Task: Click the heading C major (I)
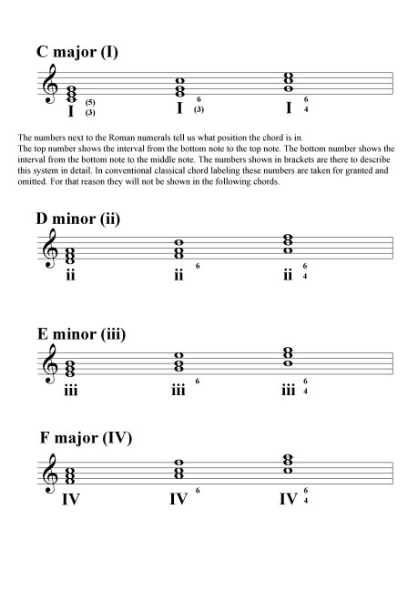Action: click(77, 53)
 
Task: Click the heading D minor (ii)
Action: click(78, 219)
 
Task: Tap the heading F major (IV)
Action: click(87, 439)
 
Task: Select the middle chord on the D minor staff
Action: click(180, 247)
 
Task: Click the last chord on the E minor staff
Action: click(289, 356)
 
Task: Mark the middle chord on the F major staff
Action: click(180, 468)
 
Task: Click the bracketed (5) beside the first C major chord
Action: click(90, 103)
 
